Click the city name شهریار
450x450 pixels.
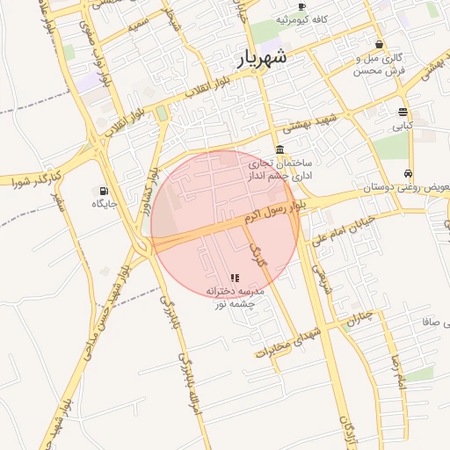click(262, 59)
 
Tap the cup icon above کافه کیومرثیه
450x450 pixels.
click(302, 6)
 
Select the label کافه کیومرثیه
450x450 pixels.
click(302, 18)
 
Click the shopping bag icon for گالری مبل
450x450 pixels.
click(379, 44)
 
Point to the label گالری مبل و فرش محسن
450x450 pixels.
click(380, 63)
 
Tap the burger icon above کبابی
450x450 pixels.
click(403, 112)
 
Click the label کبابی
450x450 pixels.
click(402, 126)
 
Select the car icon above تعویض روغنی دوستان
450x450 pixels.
click(409, 173)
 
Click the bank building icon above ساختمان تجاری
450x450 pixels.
click(279, 149)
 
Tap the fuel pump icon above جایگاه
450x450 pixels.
click(105, 190)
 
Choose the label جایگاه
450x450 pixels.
click(105, 204)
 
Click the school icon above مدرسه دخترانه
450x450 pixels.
click(235, 277)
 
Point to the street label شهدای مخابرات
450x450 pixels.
click(285, 339)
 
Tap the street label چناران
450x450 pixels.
click(359, 317)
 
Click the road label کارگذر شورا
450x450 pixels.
click(37, 180)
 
